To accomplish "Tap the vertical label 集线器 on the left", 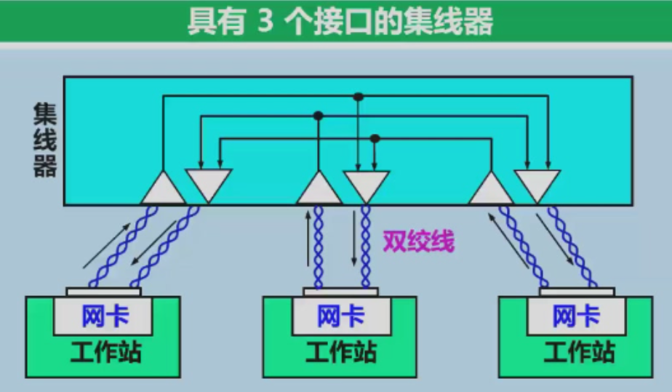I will pyautogui.click(x=44, y=140).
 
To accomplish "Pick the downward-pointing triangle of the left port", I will pyautogui.click(x=209, y=183).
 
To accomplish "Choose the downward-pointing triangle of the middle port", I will pyautogui.click(x=366, y=183).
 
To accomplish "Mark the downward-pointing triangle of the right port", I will pyautogui.click(x=537, y=183).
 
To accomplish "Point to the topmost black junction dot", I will pyautogui.click(x=358, y=96).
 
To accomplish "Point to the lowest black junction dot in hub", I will pyautogui.click(x=375, y=138).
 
